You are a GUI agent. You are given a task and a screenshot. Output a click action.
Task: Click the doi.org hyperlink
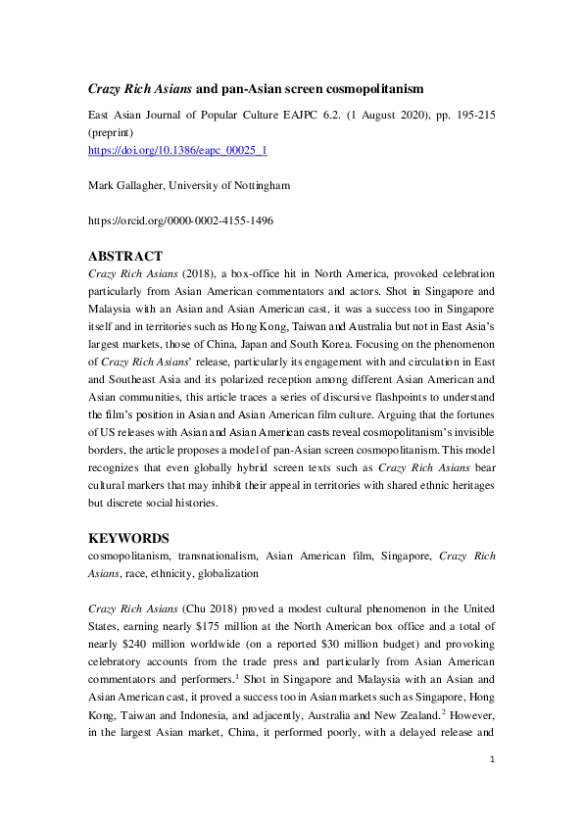coord(178,150)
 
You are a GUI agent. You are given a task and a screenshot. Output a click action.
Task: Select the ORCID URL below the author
coord(180,220)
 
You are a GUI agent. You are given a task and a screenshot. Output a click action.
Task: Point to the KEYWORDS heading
coord(129,538)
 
